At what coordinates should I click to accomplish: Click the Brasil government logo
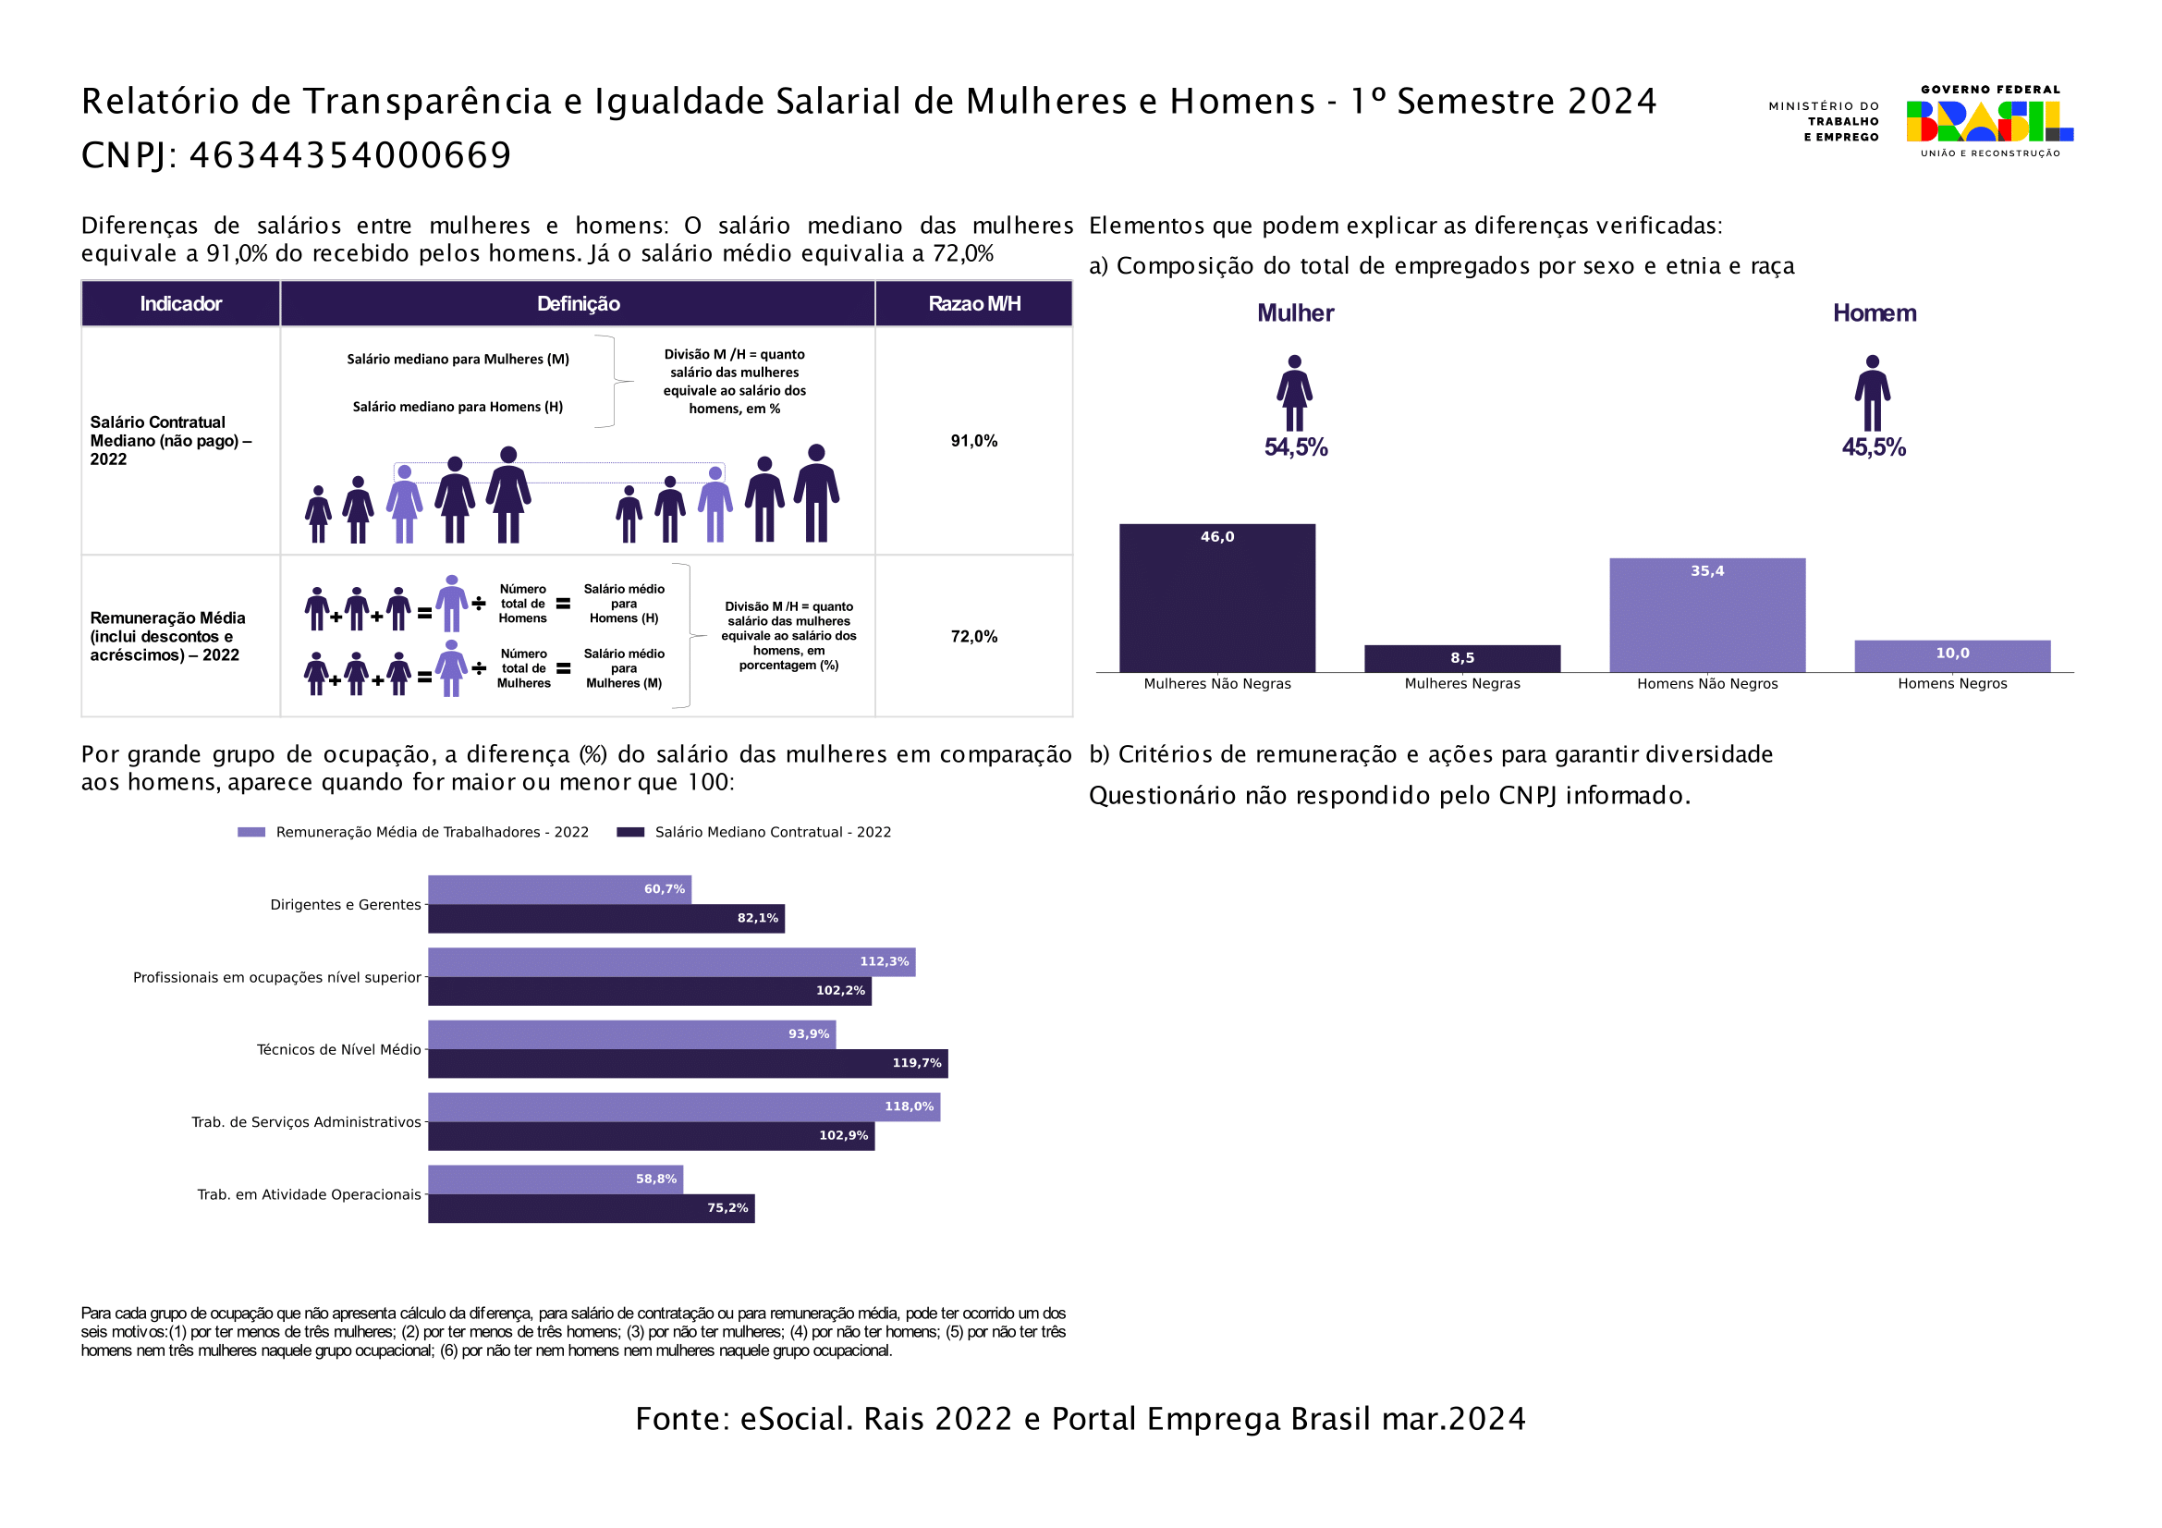tap(1989, 120)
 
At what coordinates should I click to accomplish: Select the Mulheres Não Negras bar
tap(1216, 598)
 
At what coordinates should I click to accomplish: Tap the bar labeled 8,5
tap(1461, 658)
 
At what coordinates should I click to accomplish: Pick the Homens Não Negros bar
tap(1706, 615)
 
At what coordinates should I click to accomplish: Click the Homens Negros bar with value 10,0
tap(1952, 656)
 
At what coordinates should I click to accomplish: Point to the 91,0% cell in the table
tap(973, 441)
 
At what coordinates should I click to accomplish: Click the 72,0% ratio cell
tap(973, 636)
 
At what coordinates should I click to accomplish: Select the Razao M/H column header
tap(973, 304)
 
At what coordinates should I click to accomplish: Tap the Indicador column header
tap(181, 304)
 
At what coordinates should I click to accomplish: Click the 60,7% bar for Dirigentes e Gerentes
tap(559, 889)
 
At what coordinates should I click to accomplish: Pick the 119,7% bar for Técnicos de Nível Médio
tap(688, 1064)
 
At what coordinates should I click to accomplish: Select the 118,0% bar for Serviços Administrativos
tap(684, 1107)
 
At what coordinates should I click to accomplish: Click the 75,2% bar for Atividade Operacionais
tap(592, 1208)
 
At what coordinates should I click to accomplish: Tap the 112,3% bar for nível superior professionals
tap(671, 962)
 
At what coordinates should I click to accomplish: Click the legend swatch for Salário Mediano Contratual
tap(630, 832)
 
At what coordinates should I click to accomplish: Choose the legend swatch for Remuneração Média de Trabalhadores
tap(251, 832)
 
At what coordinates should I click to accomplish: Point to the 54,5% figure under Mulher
tap(1296, 447)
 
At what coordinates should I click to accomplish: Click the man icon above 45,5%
tap(1872, 394)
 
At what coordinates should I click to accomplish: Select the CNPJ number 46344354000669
tap(350, 155)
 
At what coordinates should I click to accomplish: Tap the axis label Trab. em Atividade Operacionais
tap(309, 1194)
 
